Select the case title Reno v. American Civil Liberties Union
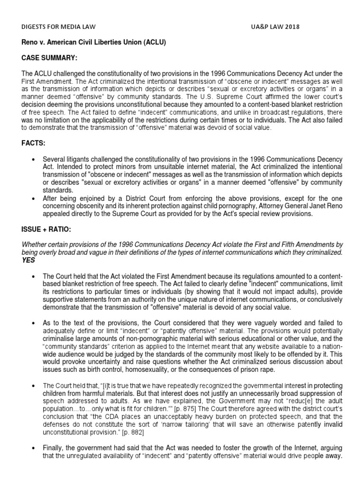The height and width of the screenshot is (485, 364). pos(94,43)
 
